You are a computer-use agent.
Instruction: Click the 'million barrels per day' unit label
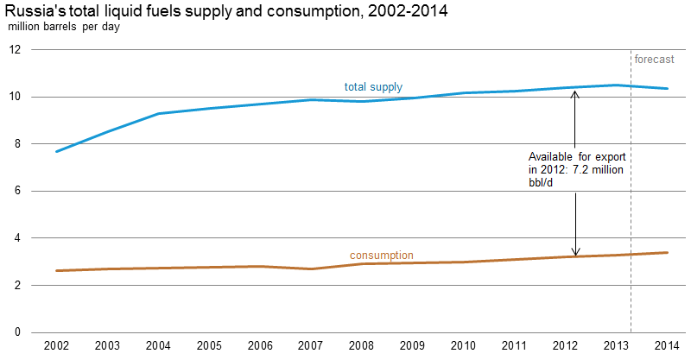click(x=65, y=26)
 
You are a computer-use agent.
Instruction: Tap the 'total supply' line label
click(x=373, y=87)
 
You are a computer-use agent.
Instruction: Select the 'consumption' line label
click(x=381, y=256)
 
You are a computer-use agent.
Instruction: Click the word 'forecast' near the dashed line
click(x=655, y=60)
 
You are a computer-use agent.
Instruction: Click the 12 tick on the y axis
click(x=15, y=49)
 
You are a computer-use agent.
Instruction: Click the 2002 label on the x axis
click(x=57, y=345)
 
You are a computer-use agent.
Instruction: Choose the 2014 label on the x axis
click(x=666, y=345)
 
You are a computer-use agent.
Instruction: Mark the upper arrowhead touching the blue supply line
click(x=576, y=92)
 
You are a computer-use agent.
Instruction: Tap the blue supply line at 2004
click(x=158, y=113)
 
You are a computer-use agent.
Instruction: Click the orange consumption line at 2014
click(x=666, y=252)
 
